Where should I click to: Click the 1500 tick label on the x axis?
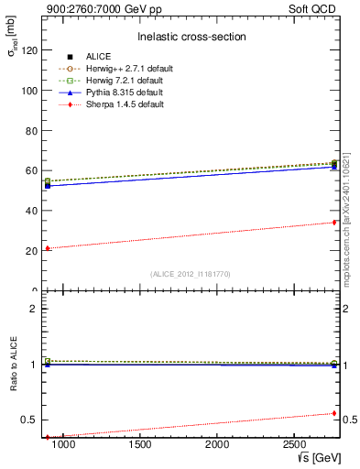click(x=140, y=444)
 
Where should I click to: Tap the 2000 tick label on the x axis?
click(x=217, y=444)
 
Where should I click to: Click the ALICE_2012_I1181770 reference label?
click(x=191, y=273)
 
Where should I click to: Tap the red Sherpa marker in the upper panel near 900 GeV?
click(x=48, y=248)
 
